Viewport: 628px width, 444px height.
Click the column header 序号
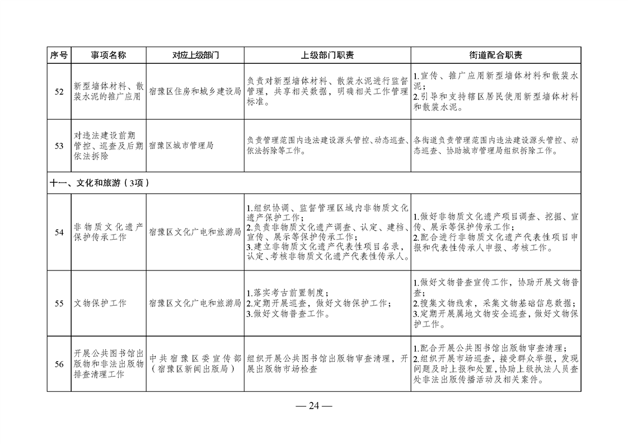click(x=59, y=55)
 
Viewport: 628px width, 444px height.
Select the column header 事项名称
click(x=109, y=55)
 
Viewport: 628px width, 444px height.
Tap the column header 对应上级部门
click(x=195, y=55)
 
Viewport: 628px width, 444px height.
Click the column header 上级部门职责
click(x=327, y=55)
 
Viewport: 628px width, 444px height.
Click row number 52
click(x=59, y=91)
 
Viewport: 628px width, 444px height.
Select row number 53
click(x=59, y=146)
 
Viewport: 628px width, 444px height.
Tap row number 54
click(x=59, y=232)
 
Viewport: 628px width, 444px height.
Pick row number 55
click(x=59, y=303)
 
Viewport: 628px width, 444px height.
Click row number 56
click(x=59, y=364)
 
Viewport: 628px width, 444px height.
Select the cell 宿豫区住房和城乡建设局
click(x=195, y=91)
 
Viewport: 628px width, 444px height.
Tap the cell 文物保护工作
click(x=100, y=303)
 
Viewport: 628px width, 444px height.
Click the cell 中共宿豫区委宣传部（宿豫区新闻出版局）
click(x=195, y=364)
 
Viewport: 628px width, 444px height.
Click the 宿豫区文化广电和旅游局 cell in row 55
click(x=195, y=303)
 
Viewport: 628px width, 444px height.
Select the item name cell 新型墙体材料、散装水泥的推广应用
click(x=109, y=91)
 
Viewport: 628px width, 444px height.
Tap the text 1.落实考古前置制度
click(x=287, y=293)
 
